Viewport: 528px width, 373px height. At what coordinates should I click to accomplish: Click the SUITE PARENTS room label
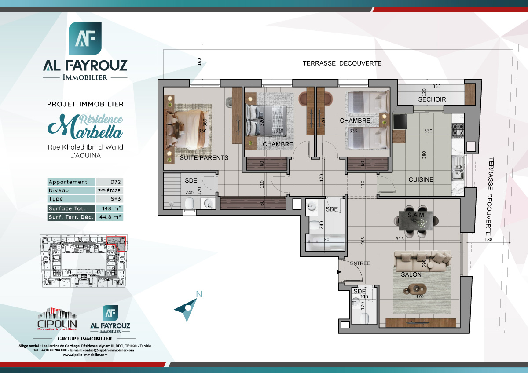click(204, 157)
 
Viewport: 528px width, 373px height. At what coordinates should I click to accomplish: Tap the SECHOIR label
click(432, 99)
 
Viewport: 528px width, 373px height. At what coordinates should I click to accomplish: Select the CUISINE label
click(421, 179)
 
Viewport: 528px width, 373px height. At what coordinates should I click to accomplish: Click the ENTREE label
click(360, 263)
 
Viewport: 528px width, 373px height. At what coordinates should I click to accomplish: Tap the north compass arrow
click(187, 307)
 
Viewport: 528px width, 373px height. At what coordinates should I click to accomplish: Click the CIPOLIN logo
click(57, 320)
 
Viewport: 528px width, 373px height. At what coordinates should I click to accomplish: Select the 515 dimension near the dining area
click(400, 238)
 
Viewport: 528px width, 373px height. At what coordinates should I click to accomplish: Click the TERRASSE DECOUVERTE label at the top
click(342, 63)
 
